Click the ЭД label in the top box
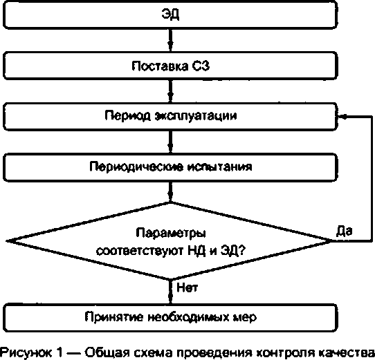click(170, 15)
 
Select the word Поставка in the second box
click(160, 66)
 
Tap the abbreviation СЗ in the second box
click(201, 66)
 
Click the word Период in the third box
click(128, 116)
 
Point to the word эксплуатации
click(196, 116)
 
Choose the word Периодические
click(136, 167)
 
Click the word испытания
click(219, 167)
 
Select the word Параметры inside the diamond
click(171, 234)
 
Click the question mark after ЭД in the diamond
click(241, 250)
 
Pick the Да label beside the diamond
click(345, 231)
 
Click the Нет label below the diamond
click(187, 287)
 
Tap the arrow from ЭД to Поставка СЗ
click(170, 40)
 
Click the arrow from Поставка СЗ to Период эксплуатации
click(170, 91)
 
